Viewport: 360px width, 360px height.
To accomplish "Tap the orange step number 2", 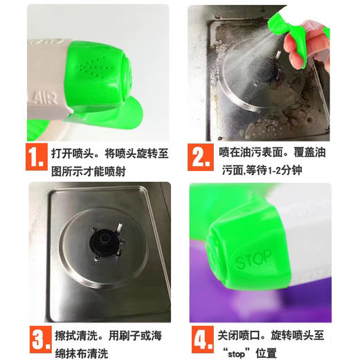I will point(201,156).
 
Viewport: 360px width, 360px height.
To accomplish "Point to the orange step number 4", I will point(201,340).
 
